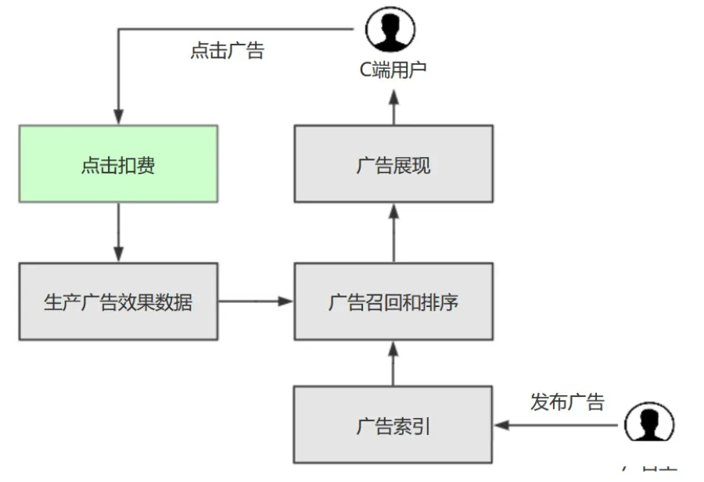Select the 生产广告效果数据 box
click(118, 301)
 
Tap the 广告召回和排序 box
click(393, 301)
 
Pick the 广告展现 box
click(393, 163)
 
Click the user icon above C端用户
click(390, 30)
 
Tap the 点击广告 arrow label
click(227, 51)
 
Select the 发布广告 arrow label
click(567, 402)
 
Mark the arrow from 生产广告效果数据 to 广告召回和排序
click(255, 301)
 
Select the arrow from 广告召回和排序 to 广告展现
click(393, 232)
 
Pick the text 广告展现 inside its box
click(393, 166)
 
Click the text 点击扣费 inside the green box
click(118, 166)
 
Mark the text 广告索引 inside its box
click(393, 427)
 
